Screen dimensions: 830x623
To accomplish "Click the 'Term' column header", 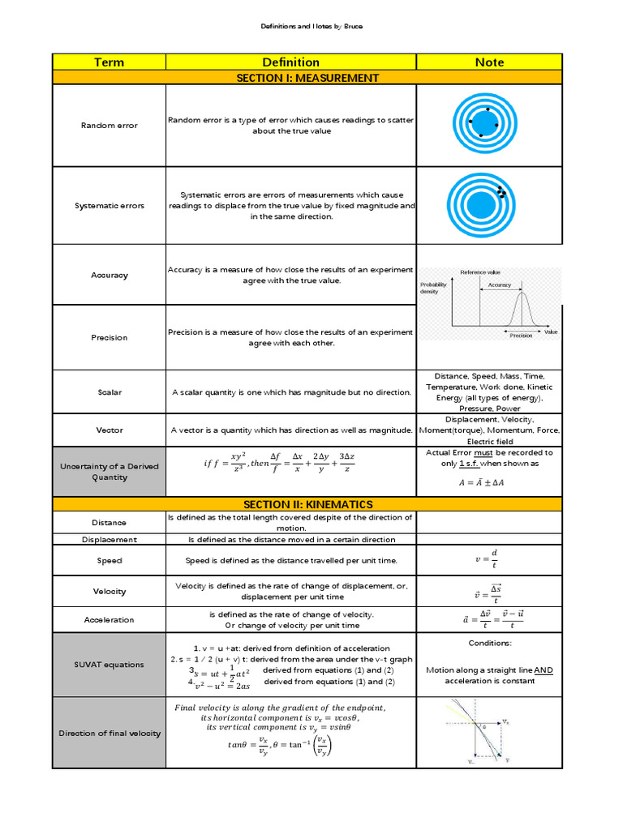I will pos(109,62).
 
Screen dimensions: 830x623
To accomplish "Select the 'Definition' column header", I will pos(290,62).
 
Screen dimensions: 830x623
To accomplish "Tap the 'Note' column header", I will pos(489,62).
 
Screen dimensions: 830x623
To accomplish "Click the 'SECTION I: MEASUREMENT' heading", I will pos(307,78).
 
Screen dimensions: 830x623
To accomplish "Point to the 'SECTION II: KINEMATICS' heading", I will pos(307,504).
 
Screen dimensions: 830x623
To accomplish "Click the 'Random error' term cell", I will pos(109,126).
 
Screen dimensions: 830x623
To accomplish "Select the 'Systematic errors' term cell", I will pos(109,206).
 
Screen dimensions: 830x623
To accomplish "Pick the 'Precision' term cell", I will pos(109,337).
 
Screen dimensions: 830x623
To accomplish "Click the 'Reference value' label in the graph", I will pos(480,272).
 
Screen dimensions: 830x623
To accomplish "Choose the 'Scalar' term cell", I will pos(109,392).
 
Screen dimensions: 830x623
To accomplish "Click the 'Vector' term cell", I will pos(109,430).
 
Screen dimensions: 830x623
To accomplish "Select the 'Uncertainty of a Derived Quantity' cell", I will pos(109,472).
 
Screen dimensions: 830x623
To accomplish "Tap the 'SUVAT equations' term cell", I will pos(109,665).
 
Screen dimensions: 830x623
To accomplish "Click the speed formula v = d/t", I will pos(488,560).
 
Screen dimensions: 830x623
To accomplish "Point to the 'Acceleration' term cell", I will pos(109,620).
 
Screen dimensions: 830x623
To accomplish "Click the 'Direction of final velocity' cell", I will pos(109,734).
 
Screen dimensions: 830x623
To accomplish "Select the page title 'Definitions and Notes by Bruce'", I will pos(311,26).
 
